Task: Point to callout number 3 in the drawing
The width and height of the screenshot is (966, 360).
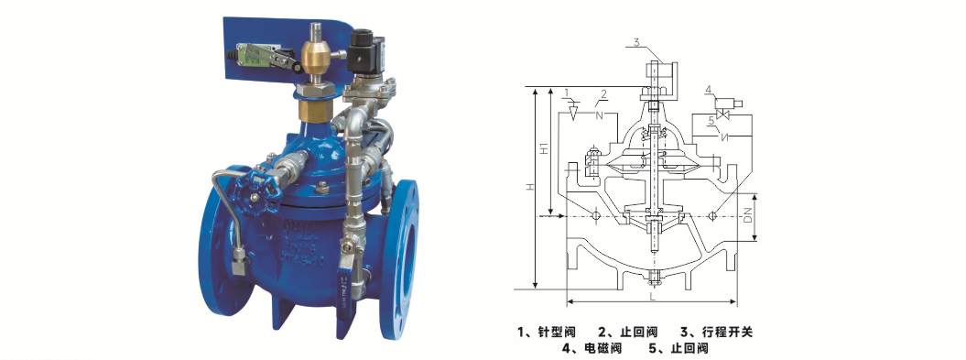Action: click(636, 42)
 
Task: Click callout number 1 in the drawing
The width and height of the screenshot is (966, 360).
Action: click(566, 93)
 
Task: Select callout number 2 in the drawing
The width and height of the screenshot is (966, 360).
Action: click(603, 93)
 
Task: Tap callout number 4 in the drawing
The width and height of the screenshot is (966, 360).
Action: click(709, 90)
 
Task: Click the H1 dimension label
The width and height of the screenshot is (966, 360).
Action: click(543, 149)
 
